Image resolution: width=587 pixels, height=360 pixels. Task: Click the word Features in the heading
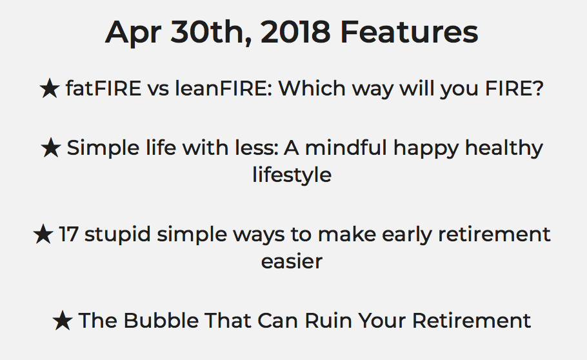point(409,32)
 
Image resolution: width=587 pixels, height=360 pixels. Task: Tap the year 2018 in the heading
point(295,32)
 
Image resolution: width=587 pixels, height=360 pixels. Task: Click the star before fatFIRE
point(50,89)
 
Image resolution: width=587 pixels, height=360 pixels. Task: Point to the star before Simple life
point(51,148)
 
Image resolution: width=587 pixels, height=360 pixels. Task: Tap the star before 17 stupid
point(43,234)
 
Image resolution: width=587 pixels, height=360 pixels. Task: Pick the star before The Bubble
point(63,321)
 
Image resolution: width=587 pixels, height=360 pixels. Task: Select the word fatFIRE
point(104,88)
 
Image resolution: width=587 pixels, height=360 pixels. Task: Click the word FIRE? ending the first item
point(514,88)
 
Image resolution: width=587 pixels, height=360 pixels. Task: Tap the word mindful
point(346,148)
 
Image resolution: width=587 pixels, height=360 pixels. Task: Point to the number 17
point(69,234)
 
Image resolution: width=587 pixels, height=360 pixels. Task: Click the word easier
point(292,261)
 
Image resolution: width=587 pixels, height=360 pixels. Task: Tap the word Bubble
point(161,321)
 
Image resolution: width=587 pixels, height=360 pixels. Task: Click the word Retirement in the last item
point(472,321)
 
